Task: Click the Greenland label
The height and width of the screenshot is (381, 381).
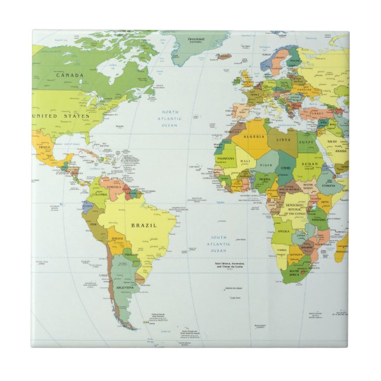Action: pyautogui.click(x=196, y=39)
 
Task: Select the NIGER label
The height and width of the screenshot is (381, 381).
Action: pyautogui.click(x=267, y=165)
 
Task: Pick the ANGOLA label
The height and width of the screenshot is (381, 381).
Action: pyautogui.click(x=283, y=231)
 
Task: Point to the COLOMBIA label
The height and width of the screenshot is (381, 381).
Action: pyautogui.click(x=99, y=193)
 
